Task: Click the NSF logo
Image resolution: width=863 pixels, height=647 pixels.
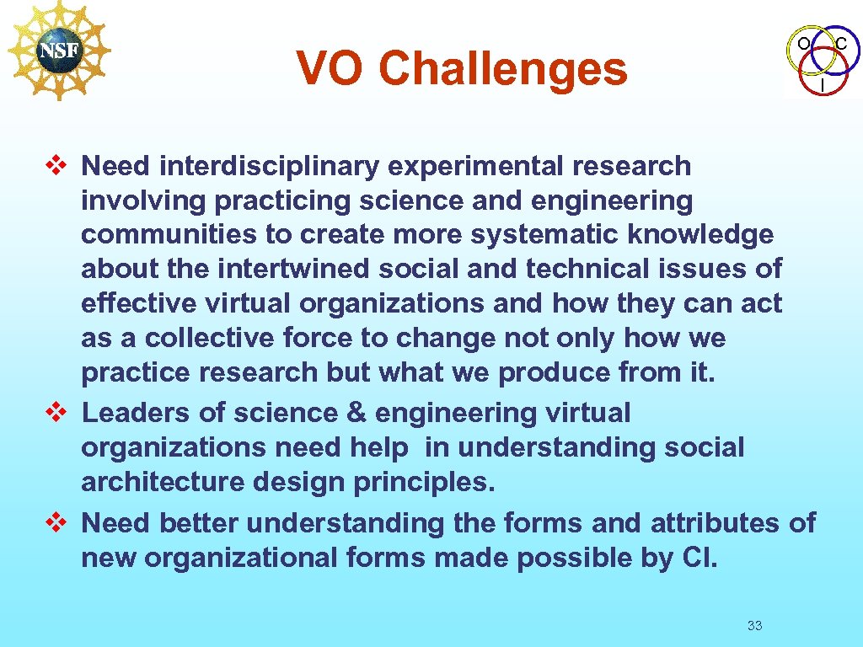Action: [x=58, y=50]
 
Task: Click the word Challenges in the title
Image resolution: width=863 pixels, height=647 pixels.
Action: [x=502, y=69]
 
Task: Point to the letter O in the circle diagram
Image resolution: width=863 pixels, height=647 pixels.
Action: [x=804, y=43]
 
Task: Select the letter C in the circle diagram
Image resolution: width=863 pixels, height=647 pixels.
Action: [x=841, y=43]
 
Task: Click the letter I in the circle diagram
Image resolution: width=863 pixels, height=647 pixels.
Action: [x=823, y=85]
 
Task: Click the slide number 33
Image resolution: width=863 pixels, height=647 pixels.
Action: [x=754, y=625]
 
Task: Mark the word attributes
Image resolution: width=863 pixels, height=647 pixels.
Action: [x=715, y=523]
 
